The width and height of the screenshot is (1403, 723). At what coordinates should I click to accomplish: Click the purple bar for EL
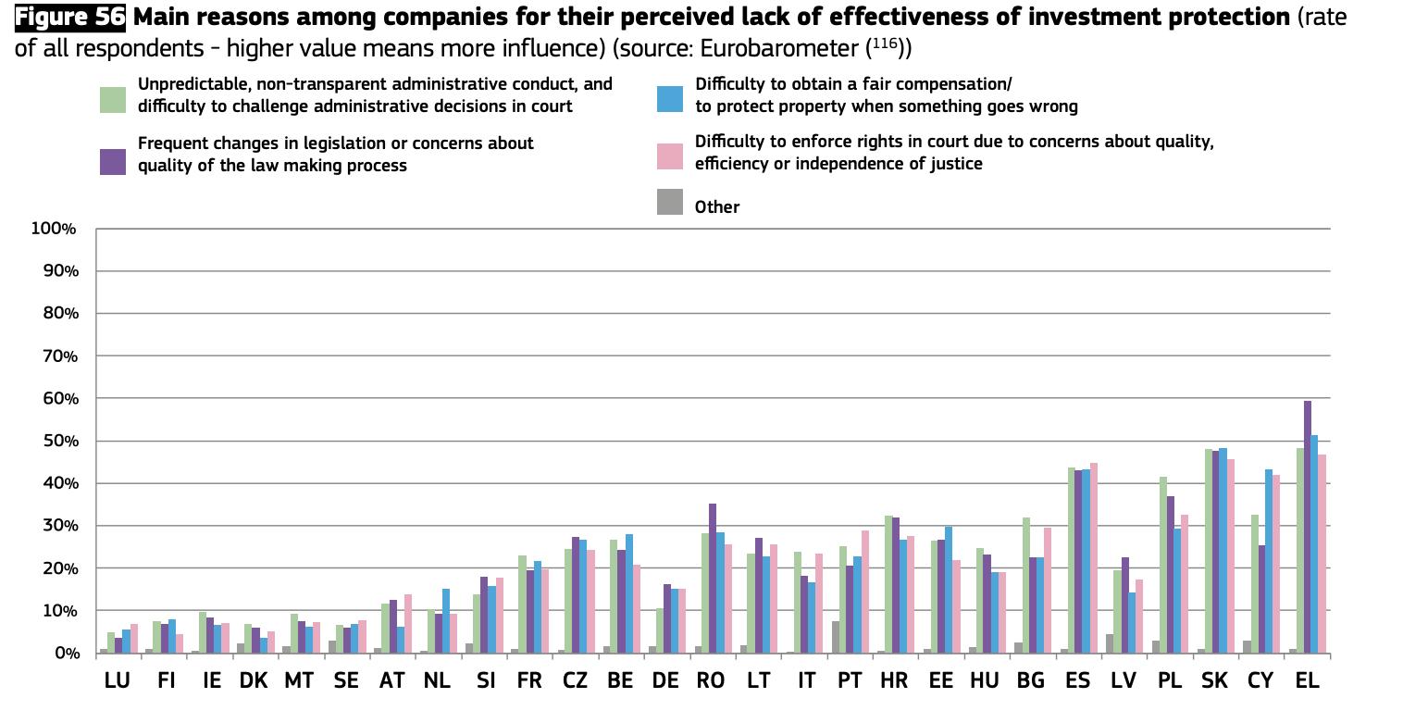tap(1308, 528)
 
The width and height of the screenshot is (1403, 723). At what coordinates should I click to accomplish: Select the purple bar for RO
tap(713, 579)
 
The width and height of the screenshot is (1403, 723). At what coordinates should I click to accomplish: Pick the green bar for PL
tap(1162, 565)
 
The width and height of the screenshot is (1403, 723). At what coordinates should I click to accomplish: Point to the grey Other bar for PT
tap(836, 637)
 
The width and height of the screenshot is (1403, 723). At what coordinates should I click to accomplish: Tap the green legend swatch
tap(113, 99)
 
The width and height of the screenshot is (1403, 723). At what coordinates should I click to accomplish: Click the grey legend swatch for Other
tap(669, 203)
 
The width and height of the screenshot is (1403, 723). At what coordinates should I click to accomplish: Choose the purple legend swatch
tap(113, 160)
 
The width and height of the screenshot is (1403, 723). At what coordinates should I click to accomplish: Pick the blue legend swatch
tap(669, 99)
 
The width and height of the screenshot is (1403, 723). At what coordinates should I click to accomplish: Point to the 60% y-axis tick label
tap(58, 398)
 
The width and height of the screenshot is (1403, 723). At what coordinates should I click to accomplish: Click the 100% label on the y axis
tap(54, 229)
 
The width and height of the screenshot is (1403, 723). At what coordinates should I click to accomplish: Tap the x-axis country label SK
tap(1214, 680)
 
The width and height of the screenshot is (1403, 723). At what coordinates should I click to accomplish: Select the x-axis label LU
tap(117, 680)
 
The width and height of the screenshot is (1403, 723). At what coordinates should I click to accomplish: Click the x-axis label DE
tap(665, 680)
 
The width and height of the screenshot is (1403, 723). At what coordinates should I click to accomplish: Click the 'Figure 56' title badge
tap(70, 18)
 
